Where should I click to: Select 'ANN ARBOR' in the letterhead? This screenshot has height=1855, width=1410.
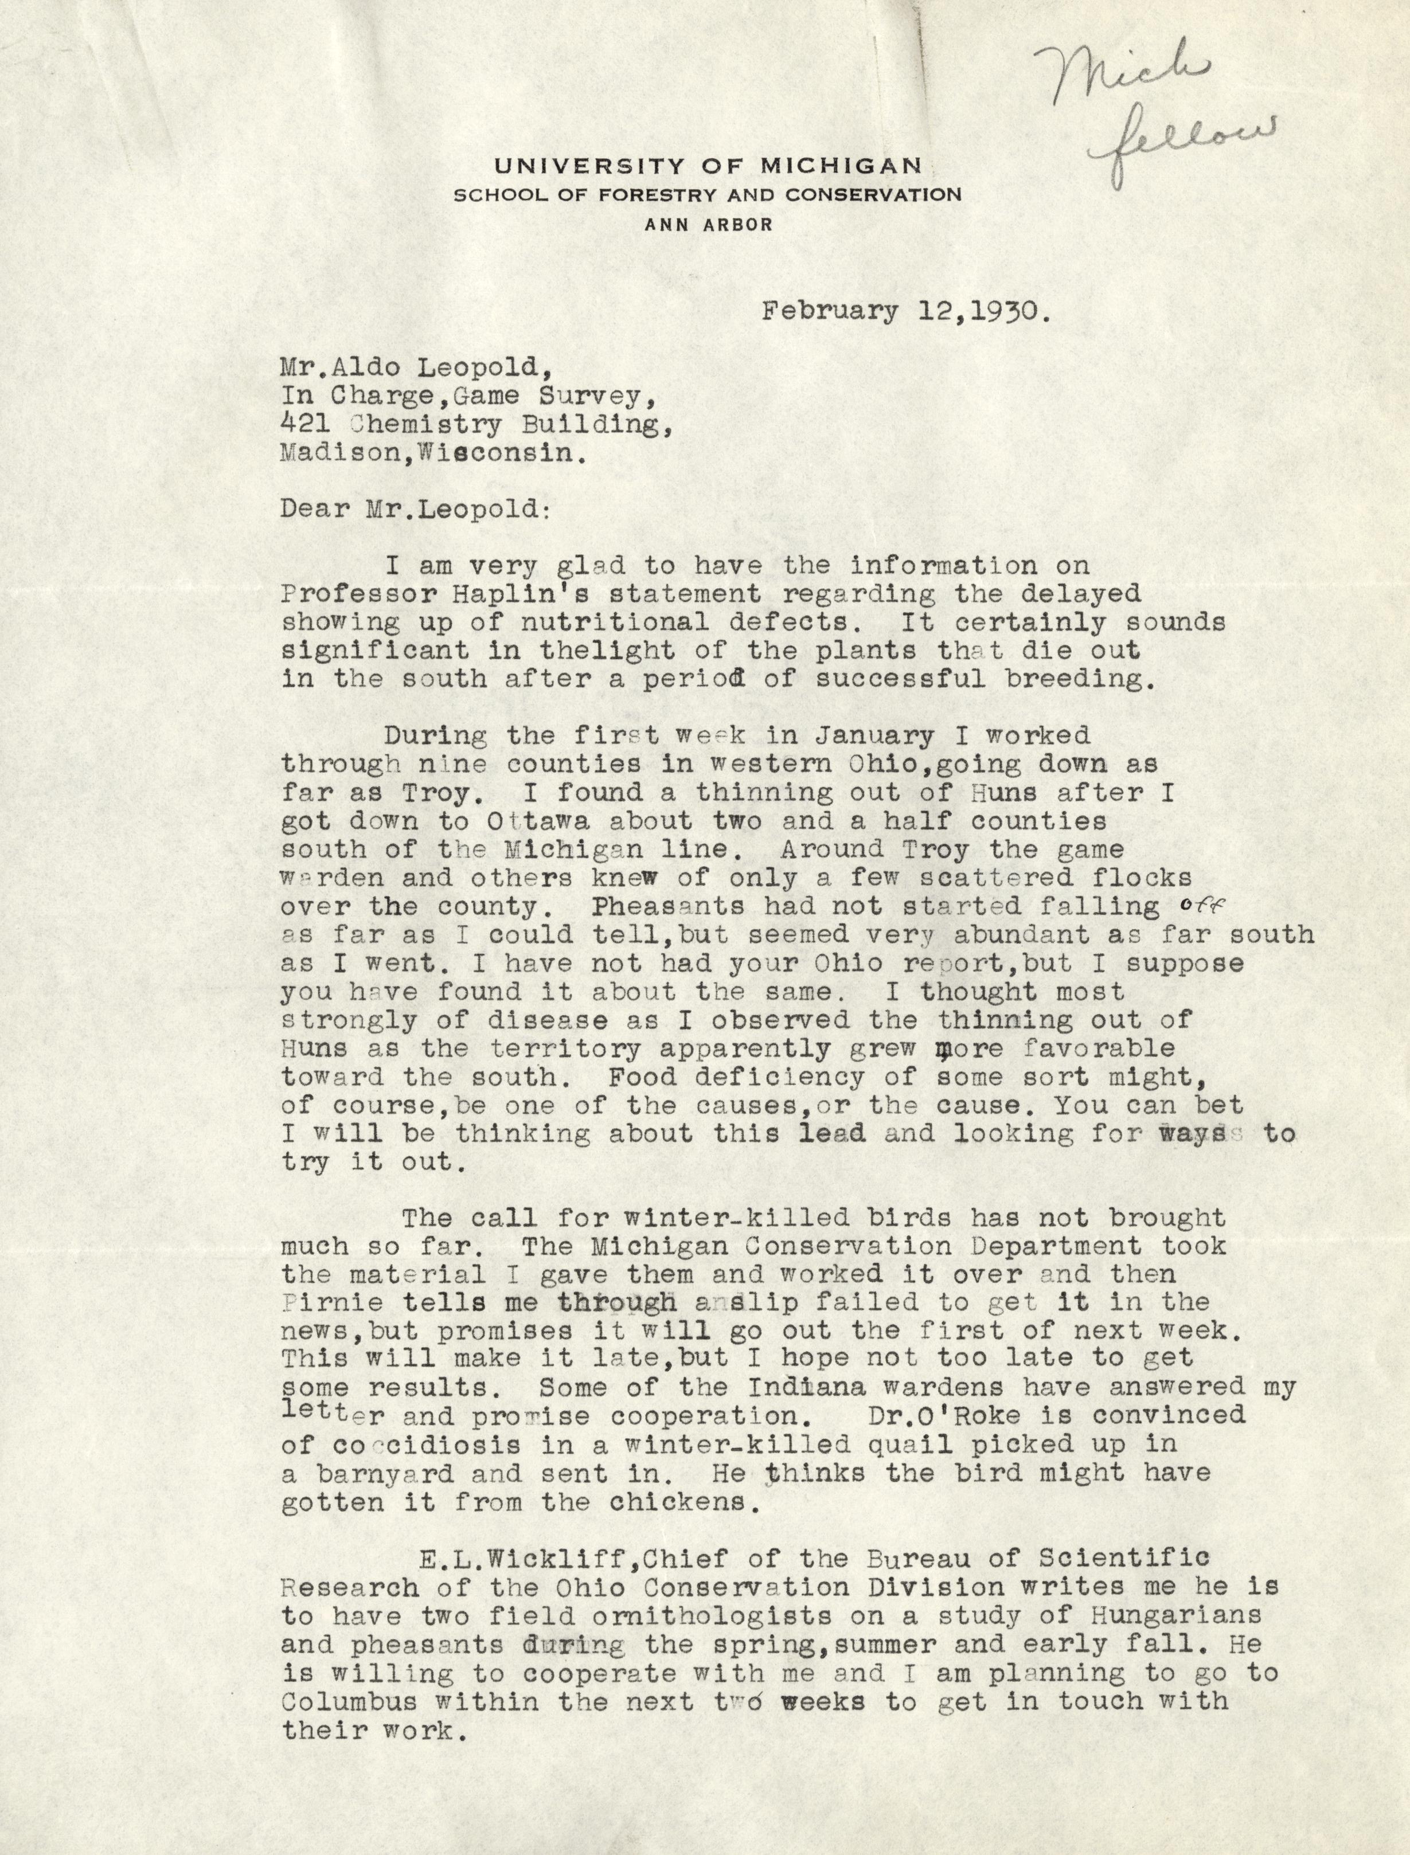coord(708,224)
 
